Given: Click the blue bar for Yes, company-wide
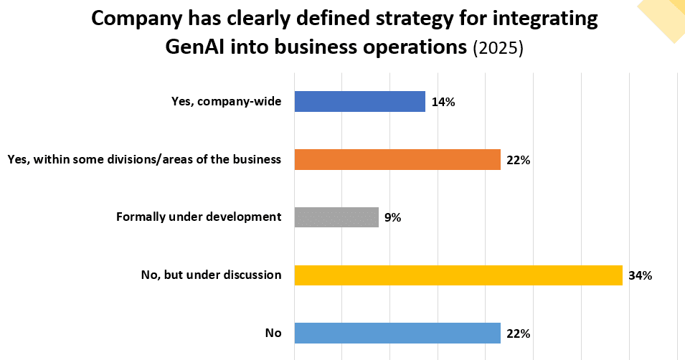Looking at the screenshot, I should [359, 101].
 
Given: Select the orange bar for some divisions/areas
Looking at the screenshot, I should [397, 159].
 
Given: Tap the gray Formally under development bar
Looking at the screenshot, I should [336, 217].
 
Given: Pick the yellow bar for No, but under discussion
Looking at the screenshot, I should [458, 275].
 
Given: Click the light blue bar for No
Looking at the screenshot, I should [397, 333].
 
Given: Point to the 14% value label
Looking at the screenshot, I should [443, 102].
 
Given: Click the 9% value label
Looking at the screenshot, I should [392, 217].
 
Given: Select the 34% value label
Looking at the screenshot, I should [640, 275].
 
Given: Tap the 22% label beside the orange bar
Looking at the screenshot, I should [518, 160].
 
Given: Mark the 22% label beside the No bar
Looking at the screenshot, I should [518, 333].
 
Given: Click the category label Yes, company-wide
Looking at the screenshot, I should [224, 102].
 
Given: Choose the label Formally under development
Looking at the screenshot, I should [199, 217].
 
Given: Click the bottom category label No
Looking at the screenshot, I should [273, 333].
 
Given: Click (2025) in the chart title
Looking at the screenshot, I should [499, 48].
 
